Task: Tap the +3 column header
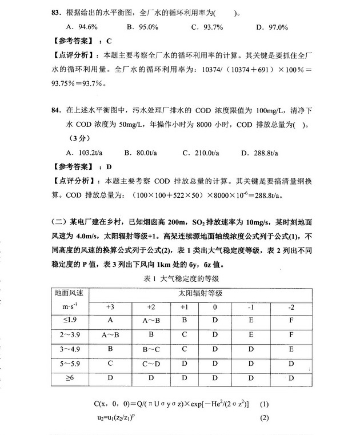pyautogui.click(x=110, y=306)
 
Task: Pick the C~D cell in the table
pyautogui.click(x=151, y=363)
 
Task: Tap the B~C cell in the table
pyautogui.click(x=151, y=349)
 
